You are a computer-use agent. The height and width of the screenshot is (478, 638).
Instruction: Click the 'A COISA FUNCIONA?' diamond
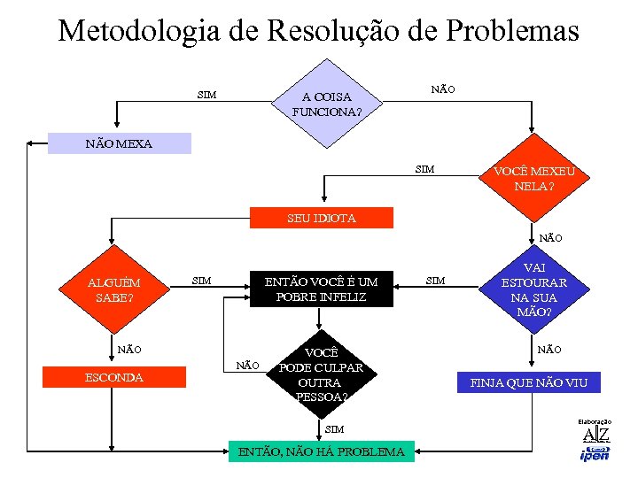[x=327, y=103]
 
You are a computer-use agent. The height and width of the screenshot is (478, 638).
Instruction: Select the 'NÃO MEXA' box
[x=119, y=143]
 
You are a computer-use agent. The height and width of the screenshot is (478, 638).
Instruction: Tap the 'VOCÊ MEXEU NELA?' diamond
[x=533, y=179]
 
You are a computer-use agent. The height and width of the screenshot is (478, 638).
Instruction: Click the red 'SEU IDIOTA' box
[x=321, y=218]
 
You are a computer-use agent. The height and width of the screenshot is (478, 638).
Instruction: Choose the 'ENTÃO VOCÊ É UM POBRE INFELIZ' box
[x=321, y=289]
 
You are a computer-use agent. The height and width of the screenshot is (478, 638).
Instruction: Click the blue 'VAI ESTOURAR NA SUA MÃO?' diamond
[x=533, y=289]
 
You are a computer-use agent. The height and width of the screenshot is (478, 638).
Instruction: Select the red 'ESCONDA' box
[x=113, y=377]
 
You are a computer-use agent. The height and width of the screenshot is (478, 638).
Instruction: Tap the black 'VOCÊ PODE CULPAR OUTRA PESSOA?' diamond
[x=321, y=374]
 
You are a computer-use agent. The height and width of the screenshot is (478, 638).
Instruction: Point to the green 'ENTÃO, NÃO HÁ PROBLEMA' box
[x=321, y=451]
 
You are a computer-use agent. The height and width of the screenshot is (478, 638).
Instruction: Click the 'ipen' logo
[x=594, y=455]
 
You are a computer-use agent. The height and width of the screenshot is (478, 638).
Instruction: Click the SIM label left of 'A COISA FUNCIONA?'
[x=206, y=95]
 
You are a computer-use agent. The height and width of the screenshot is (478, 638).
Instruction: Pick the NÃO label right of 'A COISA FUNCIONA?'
[x=443, y=89]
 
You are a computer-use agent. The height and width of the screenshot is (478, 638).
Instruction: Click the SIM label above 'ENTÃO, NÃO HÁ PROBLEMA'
[x=334, y=429]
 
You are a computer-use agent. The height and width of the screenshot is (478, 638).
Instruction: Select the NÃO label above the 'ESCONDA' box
[x=129, y=350]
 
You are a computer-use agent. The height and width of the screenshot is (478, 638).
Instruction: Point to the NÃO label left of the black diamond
[x=247, y=365]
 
